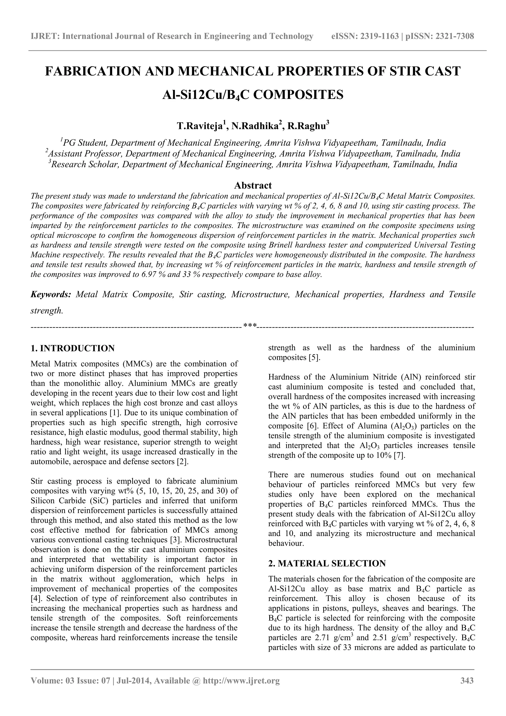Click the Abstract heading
[x=253, y=186]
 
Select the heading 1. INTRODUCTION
[x=73, y=348]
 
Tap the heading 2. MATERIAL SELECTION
[x=327, y=564]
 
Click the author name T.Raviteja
[x=200, y=126]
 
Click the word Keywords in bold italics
[x=51, y=294]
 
